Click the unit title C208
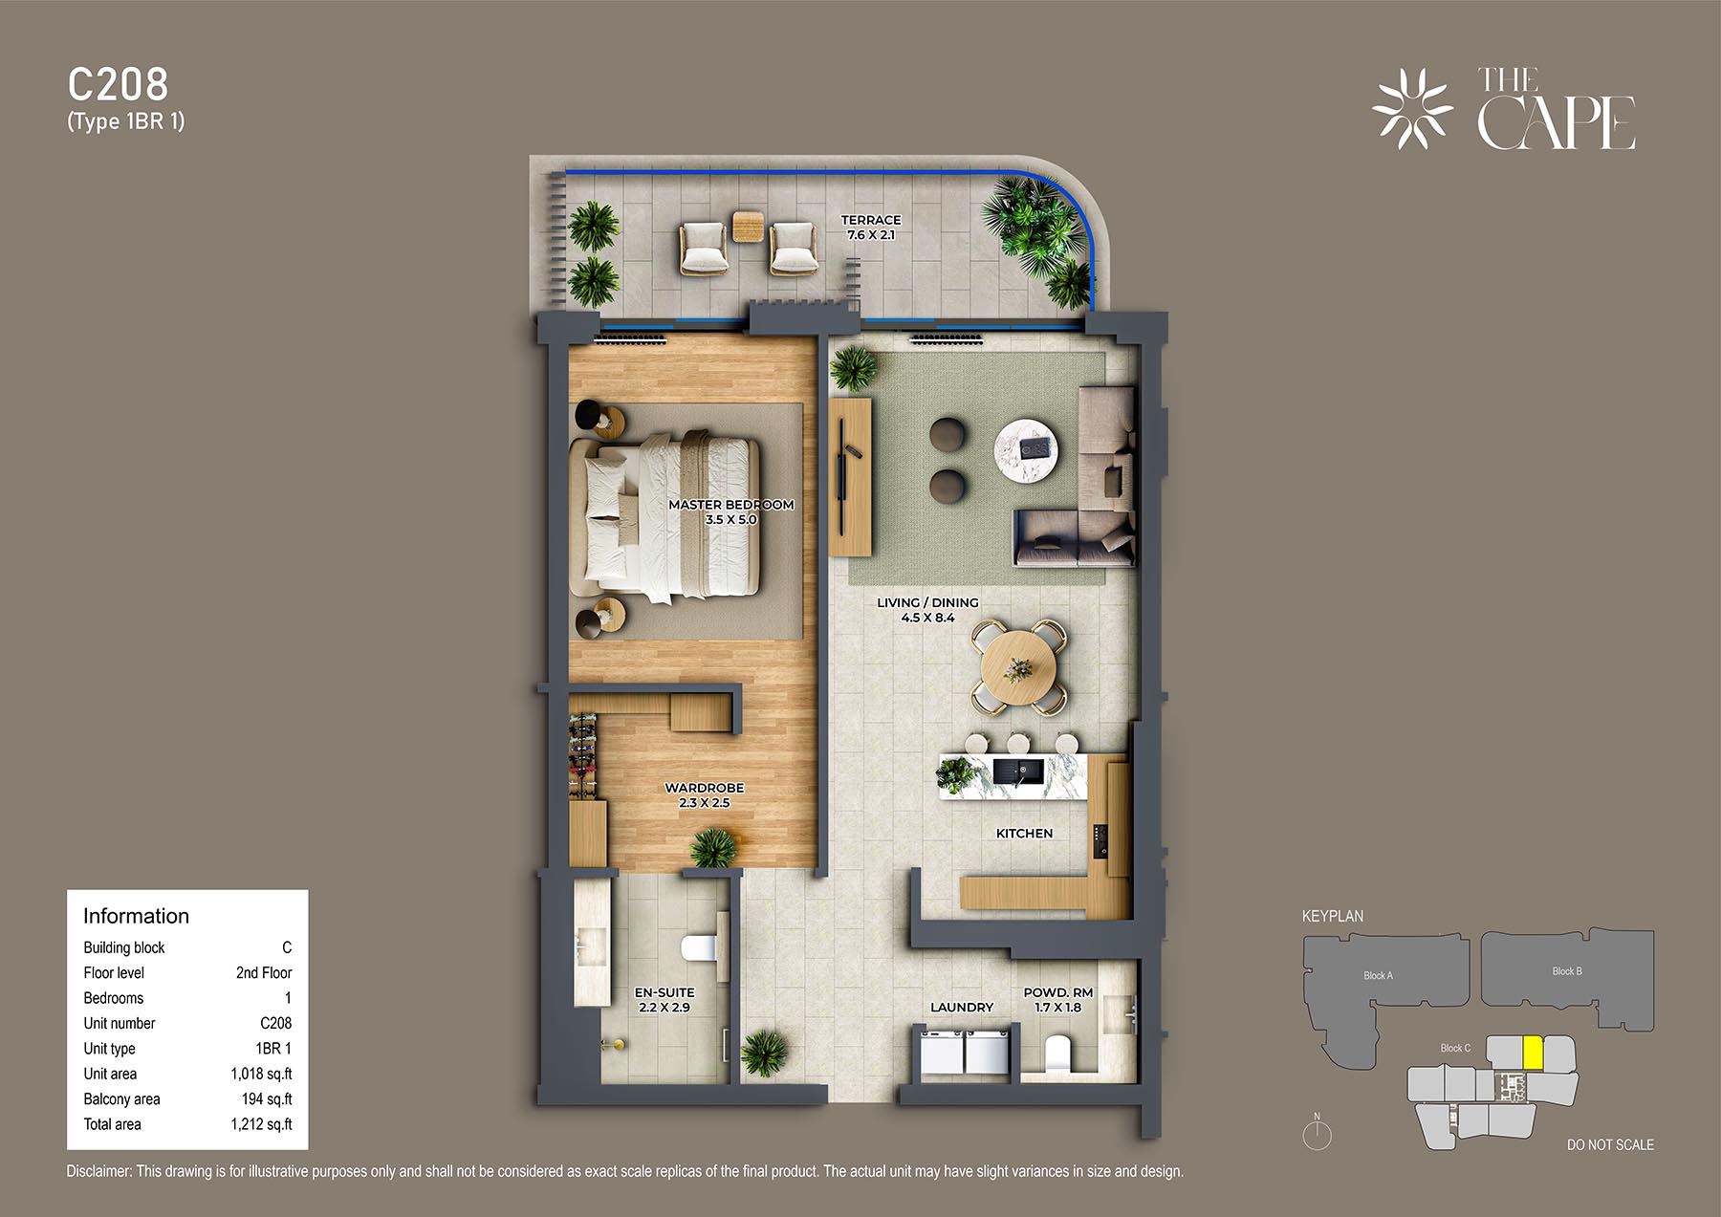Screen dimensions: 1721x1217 118,85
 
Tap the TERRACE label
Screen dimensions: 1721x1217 871,220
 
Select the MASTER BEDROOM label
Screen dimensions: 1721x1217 731,505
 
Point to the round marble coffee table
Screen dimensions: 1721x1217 1028,449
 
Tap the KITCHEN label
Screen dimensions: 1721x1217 1024,834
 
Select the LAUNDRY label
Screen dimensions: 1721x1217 962,1008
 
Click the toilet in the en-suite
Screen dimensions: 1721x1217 701,946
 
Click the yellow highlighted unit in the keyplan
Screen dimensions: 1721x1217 1533,1053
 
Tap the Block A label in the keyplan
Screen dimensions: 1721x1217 1378,976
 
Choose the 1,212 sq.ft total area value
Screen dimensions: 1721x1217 261,1124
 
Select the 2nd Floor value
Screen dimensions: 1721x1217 264,972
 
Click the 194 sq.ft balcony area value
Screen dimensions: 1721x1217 267,1099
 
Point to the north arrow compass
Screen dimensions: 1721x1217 1317,1133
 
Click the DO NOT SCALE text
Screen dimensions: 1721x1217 1610,1144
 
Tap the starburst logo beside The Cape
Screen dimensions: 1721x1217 1412,108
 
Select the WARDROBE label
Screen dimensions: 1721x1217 705,788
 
